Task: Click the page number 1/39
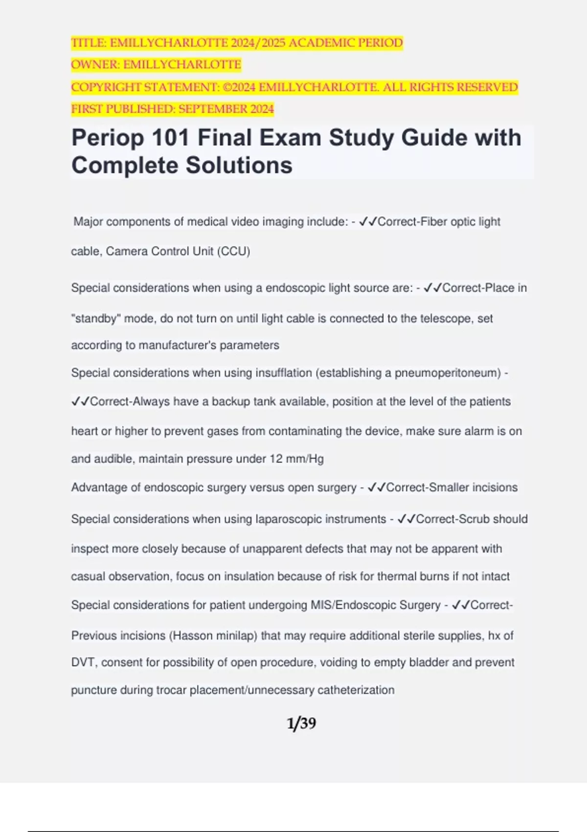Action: [301, 723]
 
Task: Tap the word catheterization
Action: [356, 690]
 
